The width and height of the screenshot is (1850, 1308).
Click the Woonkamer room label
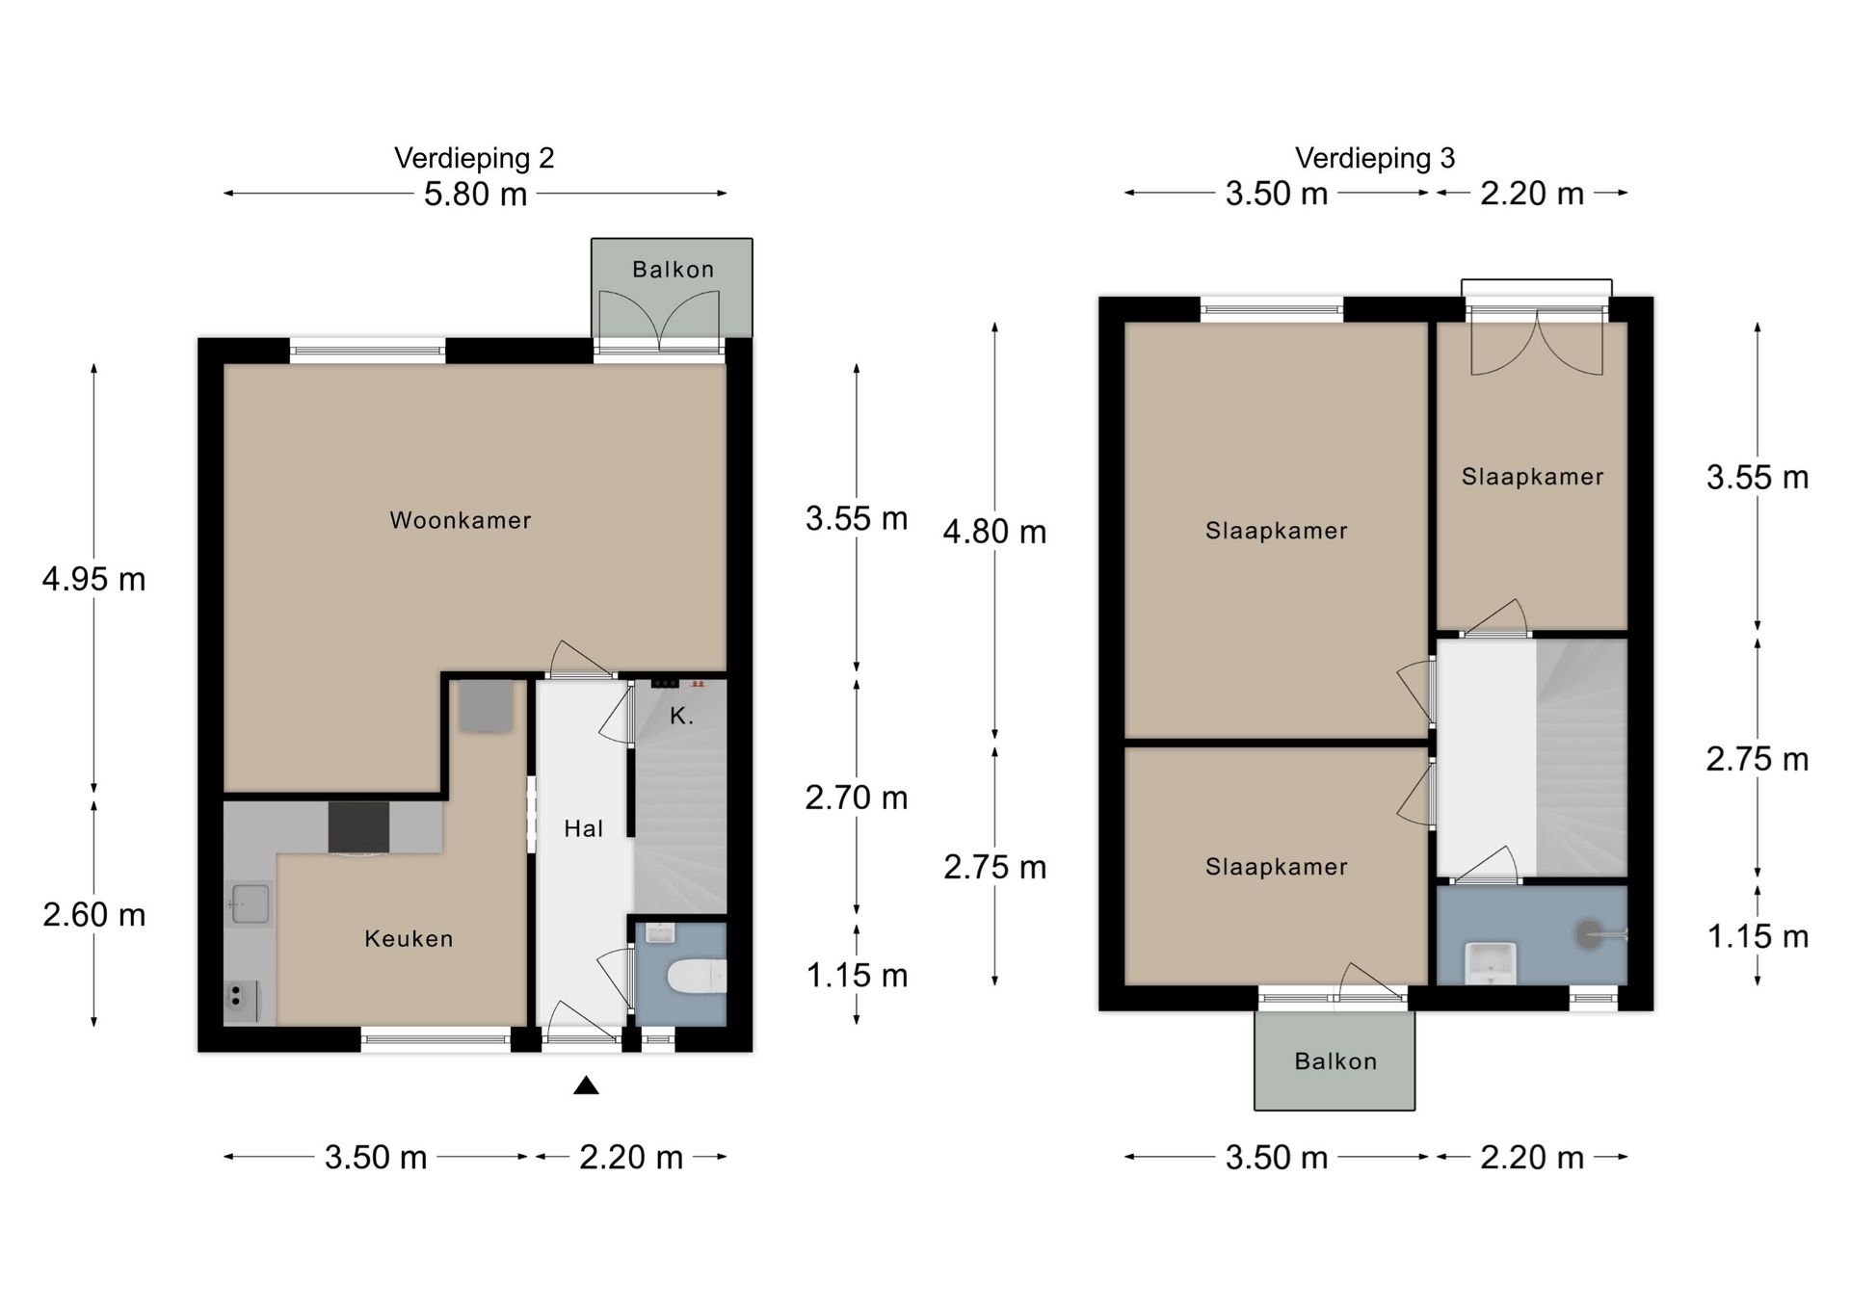coord(460,520)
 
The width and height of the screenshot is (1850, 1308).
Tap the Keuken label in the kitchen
coord(409,938)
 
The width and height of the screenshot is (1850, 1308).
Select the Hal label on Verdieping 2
coord(583,828)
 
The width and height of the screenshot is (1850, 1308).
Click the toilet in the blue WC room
coord(696,976)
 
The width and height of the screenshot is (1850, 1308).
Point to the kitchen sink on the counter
coord(249,903)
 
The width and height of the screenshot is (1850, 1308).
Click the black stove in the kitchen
coord(358,827)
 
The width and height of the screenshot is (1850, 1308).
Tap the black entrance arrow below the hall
coord(586,1086)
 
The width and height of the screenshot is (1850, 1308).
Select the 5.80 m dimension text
coord(475,194)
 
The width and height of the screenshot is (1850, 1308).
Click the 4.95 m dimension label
coord(93,579)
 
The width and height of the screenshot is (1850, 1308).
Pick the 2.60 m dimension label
coord(93,914)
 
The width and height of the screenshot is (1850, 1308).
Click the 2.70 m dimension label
coord(857,798)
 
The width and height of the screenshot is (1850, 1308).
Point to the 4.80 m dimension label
coord(994,532)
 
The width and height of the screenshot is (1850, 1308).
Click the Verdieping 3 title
coord(1375,158)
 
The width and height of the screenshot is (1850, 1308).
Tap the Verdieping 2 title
coord(474,158)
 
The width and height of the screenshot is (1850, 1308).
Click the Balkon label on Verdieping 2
coord(673,270)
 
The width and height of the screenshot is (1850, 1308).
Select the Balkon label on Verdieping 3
coord(1335,1061)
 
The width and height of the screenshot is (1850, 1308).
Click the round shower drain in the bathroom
coord(1588,933)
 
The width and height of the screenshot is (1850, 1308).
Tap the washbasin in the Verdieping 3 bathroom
coord(1491,963)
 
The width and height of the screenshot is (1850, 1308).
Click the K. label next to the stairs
coord(681,716)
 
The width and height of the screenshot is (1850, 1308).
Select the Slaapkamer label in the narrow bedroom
coord(1532,477)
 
